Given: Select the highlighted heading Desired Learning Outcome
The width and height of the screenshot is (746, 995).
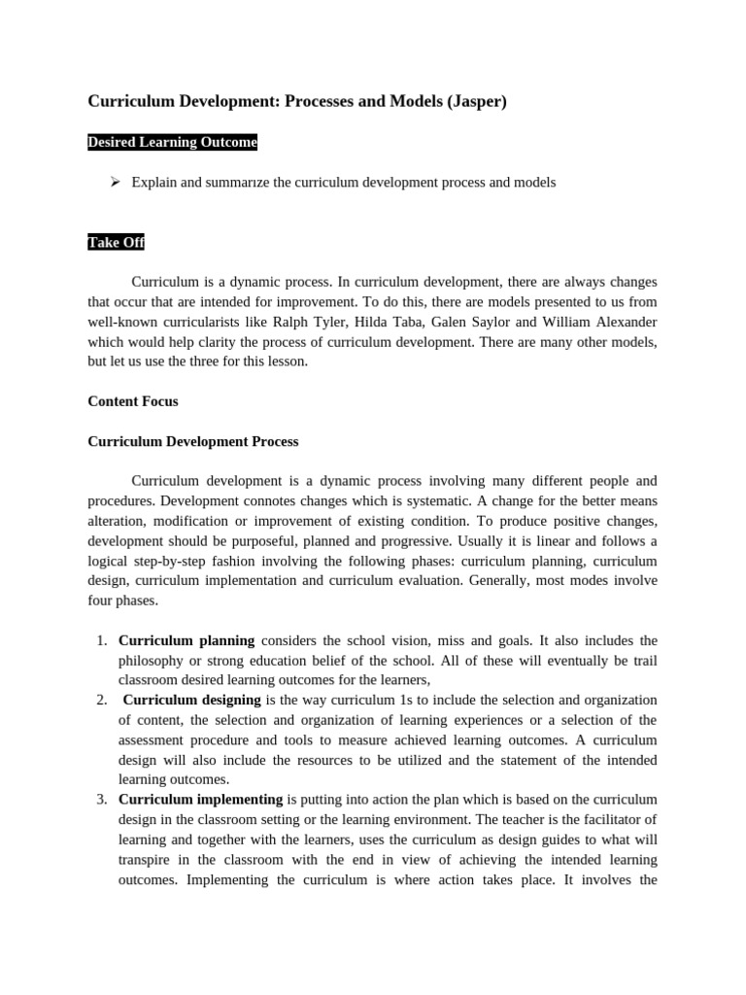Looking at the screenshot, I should click(173, 143).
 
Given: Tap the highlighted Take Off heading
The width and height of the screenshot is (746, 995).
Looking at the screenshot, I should click(117, 242).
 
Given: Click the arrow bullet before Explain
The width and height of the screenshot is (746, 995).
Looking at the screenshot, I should click(115, 182).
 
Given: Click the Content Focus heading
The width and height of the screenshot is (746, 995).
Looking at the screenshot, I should click(133, 400).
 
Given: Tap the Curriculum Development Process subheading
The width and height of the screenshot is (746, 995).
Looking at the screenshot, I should click(193, 441).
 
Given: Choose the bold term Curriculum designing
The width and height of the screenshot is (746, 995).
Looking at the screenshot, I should click(192, 700).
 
